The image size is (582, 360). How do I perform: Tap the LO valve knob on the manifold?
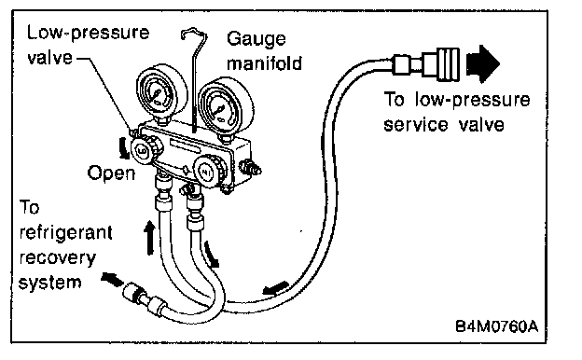point(143,150)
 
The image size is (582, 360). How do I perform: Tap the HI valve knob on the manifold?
point(207,172)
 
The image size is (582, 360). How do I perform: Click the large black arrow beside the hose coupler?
point(483,63)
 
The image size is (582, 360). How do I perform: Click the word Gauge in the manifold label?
point(256,39)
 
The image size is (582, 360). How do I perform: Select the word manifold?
point(264,63)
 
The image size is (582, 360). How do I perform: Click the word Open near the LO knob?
point(111,173)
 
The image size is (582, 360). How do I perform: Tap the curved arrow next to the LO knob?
point(124,148)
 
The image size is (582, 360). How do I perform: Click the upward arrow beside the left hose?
point(149,238)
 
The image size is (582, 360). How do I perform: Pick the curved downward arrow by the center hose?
point(212,255)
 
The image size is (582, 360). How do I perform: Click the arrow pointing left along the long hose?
point(275,288)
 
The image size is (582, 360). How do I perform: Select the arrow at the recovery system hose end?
point(112,279)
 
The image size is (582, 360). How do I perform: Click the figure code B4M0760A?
point(496,326)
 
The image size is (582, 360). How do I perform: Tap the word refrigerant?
point(65,233)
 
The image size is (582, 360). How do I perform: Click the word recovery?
point(58,258)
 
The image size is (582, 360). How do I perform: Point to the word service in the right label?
point(415,125)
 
